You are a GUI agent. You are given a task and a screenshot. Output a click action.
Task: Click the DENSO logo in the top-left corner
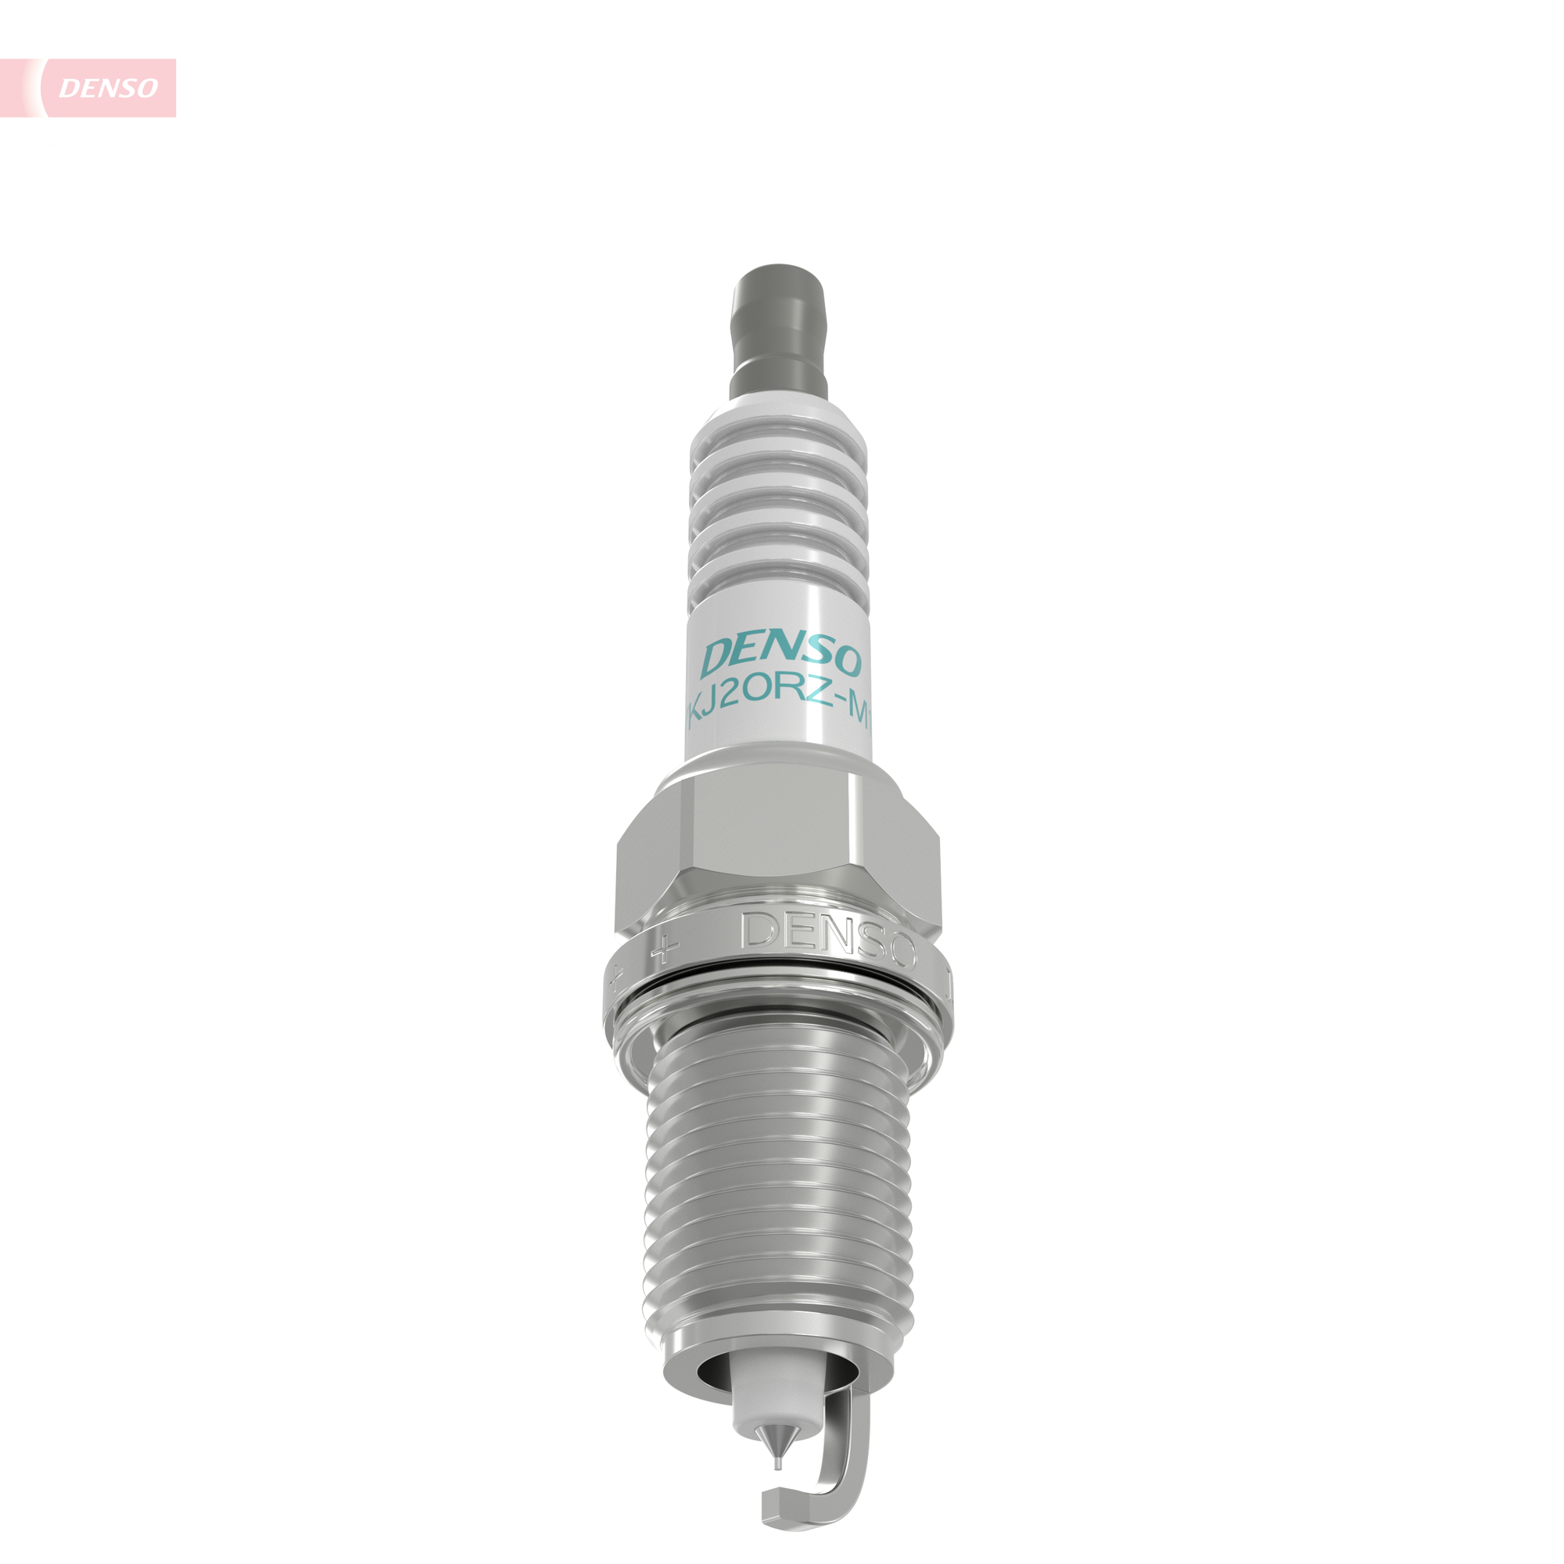pyautogui.click(x=108, y=88)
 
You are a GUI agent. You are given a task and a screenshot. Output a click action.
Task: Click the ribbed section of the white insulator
pyautogui.click(x=779, y=518)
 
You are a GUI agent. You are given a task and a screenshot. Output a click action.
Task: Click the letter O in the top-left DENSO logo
pyautogui.click(x=146, y=88)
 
